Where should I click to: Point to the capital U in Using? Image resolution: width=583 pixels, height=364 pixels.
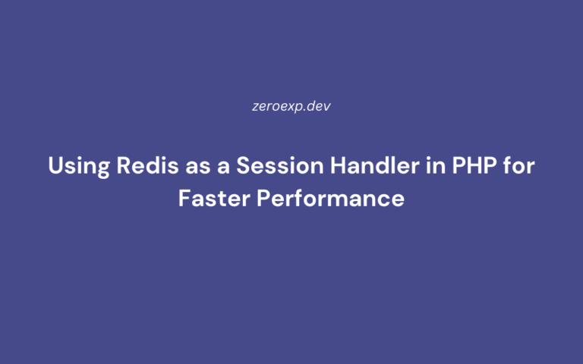tap(55, 166)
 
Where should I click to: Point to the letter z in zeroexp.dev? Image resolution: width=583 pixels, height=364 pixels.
tap(256, 106)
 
